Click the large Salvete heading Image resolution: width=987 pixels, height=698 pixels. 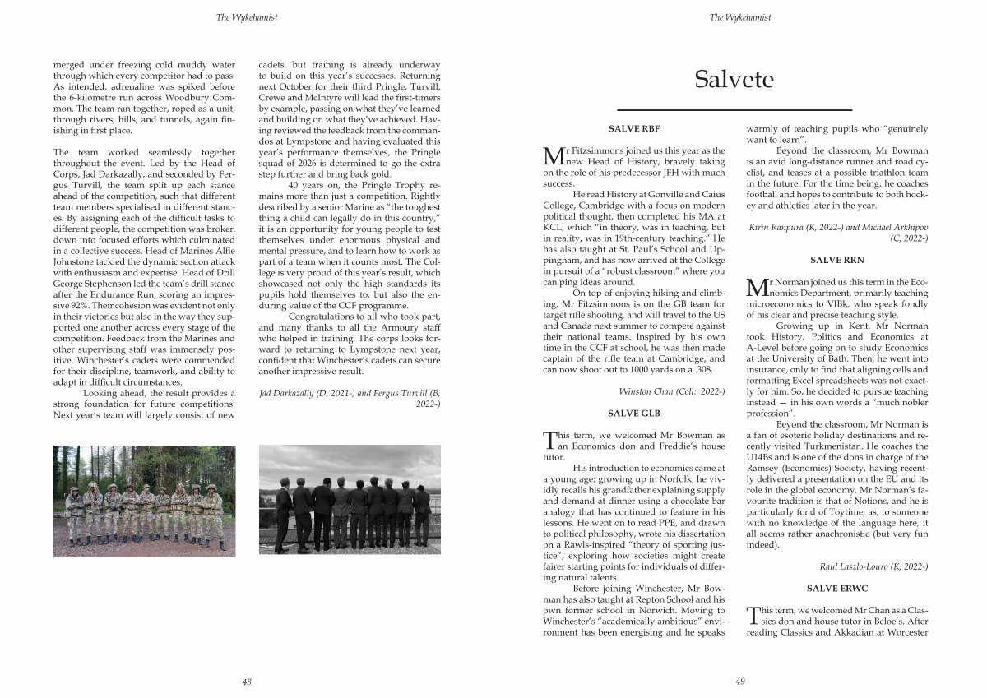(x=734, y=79)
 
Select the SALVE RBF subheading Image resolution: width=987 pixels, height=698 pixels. (x=633, y=128)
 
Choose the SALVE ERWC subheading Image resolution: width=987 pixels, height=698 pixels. (x=836, y=589)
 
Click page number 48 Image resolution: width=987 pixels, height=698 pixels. (x=247, y=681)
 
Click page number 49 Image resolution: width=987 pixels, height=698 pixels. (x=739, y=681)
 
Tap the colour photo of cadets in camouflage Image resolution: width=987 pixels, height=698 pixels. (x=144, y=502)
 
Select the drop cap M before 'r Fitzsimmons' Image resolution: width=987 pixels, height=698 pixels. (x=554, y=155)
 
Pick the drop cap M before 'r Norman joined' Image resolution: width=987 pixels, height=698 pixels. (x=755, y=286)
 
